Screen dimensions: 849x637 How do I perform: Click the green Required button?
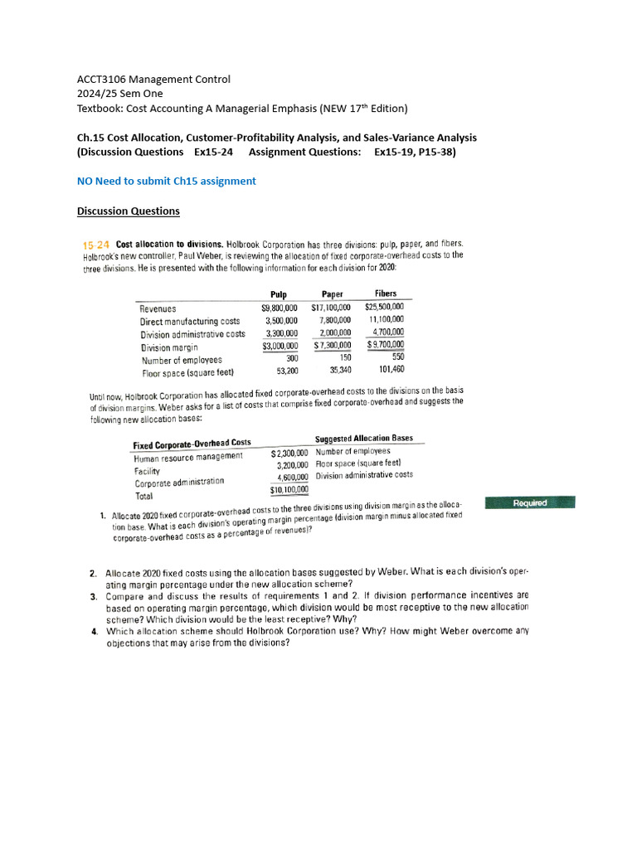click(530, 502)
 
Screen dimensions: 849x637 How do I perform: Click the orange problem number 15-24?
click(95, 245)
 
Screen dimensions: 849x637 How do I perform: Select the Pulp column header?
click(279, 294)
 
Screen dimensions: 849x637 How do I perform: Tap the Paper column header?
click(333, 294)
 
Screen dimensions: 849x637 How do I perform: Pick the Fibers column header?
click(386, 294)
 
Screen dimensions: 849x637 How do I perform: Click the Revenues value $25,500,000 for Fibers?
click(384, 307)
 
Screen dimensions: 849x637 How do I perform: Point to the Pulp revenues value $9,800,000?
click(279, 308)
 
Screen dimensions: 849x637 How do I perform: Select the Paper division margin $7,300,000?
click(332, 346)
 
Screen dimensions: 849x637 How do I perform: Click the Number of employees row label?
click(182, 361)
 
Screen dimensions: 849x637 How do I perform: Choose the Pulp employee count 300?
click(291, 358)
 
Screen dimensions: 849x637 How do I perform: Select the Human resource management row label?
click(188, 457)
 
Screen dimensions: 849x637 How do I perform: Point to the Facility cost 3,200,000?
click(292, 465)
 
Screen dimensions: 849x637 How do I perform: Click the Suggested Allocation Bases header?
click(364, 439)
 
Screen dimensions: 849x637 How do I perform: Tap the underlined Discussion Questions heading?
click(128, 211)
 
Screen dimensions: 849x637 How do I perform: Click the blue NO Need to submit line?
click(166, 181)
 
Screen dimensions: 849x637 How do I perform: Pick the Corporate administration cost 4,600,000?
click(292, 478)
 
